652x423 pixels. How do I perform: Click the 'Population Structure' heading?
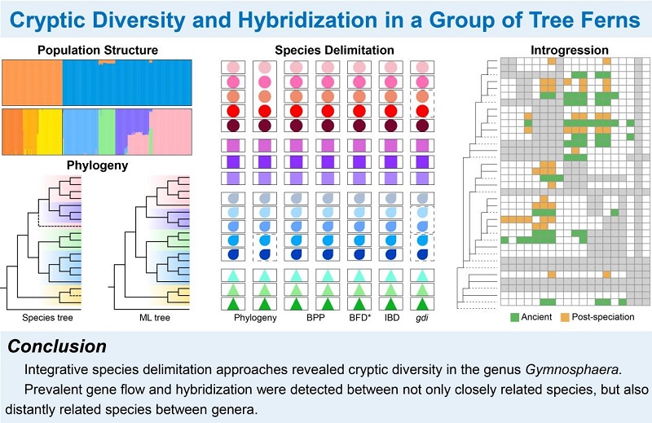(97, 51)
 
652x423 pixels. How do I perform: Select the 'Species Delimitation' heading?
(326, 51)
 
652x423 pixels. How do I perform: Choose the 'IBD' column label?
(390, 316)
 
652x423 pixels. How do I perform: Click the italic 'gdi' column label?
(421, 316)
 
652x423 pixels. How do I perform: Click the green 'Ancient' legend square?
(515, 315)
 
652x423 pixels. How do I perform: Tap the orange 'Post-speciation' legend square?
(565, 315)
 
